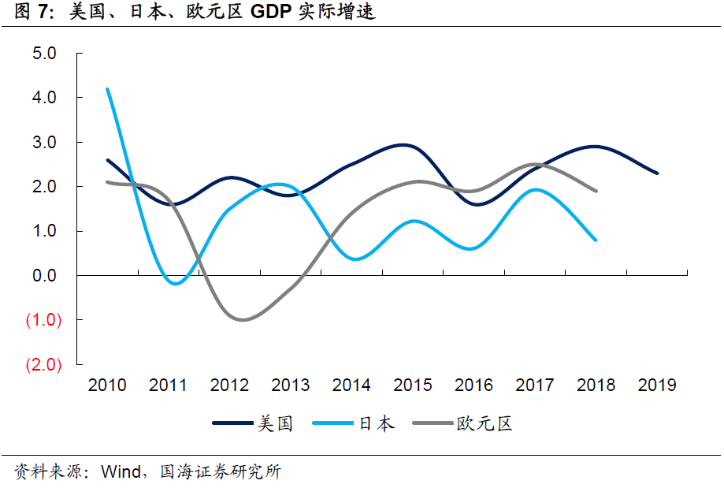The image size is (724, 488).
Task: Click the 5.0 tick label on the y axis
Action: point(43,54)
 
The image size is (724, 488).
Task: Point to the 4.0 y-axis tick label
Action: point(43,98)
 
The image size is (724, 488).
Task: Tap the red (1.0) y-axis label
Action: point(43,320)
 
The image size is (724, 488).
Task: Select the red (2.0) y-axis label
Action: point(43,365)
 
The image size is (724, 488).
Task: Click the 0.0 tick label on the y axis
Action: point(43,276)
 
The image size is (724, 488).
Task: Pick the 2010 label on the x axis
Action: point(107,385)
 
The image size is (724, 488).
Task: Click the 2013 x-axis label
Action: point(291,385)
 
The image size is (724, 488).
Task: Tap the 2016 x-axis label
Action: point(473,385)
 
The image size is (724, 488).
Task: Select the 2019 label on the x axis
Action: point(657,385)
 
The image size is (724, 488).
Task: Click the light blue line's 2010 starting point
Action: point(107,89)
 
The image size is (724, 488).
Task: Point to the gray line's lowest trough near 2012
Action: point(241,319)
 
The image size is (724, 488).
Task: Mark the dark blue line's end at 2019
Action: point(657,173)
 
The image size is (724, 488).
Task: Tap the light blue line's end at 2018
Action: point(596,240)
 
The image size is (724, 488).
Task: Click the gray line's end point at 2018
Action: point(596,191)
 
